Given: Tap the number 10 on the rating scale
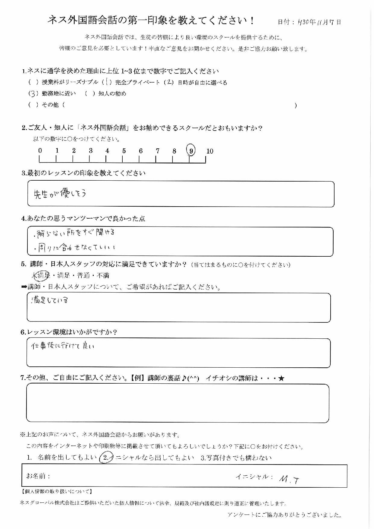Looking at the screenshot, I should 210,151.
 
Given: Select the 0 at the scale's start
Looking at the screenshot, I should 40,151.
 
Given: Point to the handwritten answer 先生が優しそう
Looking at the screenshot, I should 60,193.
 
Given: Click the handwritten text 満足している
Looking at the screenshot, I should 49,300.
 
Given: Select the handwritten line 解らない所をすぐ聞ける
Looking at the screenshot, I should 75,233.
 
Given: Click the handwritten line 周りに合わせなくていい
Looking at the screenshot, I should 75,248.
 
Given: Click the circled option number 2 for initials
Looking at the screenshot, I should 106,458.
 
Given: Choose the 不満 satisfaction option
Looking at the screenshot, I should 103,275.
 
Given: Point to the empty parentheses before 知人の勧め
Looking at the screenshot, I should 90,93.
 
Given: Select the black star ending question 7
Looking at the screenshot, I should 281,378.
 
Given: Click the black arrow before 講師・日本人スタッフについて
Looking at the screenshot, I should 24,287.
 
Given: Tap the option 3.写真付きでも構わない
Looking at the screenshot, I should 236,458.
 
